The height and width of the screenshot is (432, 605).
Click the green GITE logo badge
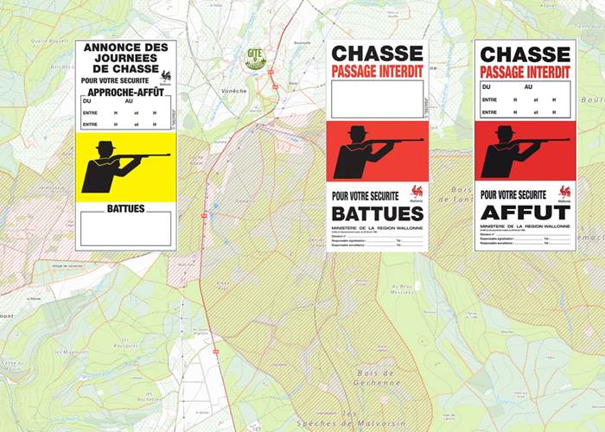255,58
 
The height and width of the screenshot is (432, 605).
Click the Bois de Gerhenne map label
376,377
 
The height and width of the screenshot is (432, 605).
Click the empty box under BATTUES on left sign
125,229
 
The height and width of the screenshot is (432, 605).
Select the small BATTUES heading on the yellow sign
125,208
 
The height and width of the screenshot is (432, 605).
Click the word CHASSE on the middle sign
378,54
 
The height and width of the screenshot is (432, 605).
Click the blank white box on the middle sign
377,98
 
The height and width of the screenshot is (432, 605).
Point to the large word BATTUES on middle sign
378,213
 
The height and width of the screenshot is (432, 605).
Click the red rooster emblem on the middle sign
417,191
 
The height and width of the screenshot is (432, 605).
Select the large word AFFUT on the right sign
525,213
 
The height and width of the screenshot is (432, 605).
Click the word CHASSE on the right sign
525,54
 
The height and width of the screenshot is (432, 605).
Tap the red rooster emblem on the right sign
564,191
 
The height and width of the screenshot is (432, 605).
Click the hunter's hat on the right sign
505,131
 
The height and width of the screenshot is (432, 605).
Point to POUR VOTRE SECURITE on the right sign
513,195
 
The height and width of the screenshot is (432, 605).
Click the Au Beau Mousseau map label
403,289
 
